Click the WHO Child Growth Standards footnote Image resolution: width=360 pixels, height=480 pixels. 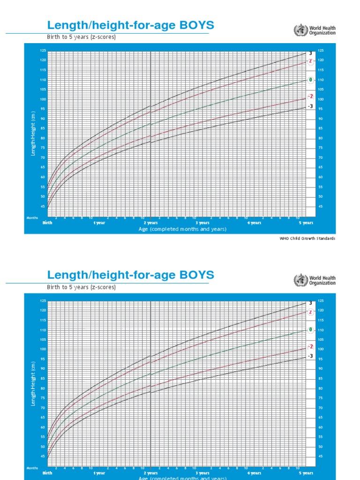coord(307,239)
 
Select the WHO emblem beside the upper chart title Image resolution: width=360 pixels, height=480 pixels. coord(299,31)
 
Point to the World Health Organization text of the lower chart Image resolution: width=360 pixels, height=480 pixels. coord(322,280)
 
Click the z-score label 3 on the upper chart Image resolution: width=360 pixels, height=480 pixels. coord(310,53)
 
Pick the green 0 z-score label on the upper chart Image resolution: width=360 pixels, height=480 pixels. coord(310,80)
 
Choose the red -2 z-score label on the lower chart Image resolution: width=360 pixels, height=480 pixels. coord(310,346)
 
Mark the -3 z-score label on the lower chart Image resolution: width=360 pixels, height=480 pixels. coord(310,356)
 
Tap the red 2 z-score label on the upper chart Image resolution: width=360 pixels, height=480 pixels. coord(310,61)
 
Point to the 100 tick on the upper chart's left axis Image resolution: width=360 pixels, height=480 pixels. coord(43,99)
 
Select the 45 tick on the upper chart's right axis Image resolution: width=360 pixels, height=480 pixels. coord(321,206)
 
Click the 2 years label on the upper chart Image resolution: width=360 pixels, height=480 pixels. coord(150,223)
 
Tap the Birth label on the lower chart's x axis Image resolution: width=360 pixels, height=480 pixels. coord(47,473)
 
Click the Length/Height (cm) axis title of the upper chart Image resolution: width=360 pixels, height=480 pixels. coord(34,136)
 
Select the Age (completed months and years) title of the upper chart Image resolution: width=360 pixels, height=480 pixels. coord(182,229)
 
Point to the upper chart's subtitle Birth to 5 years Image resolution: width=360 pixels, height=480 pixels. coord(81,37)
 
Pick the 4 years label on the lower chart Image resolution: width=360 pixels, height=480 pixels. coord(254,473)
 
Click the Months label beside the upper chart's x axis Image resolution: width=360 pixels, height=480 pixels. coord(32,218)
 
